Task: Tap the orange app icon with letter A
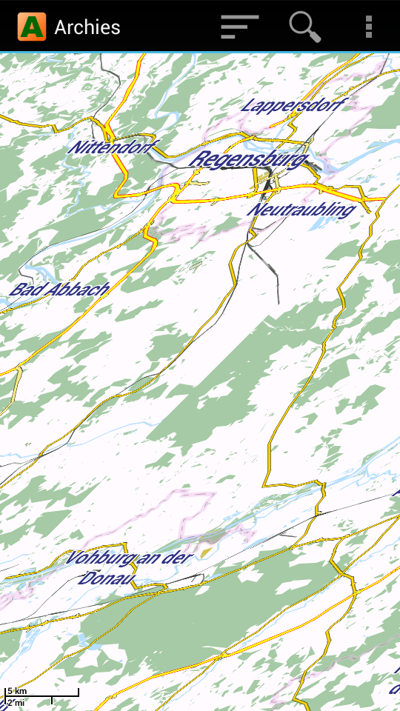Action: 32,27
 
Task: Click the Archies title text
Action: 87,27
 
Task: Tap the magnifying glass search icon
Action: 304,27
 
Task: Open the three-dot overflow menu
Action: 368,27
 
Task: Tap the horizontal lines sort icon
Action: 239,27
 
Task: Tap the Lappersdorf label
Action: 293,106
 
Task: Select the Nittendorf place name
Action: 113,147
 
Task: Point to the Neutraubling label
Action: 301,210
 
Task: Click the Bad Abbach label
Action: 59,290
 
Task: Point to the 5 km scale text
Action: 17,691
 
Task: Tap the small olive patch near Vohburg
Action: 205,551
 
